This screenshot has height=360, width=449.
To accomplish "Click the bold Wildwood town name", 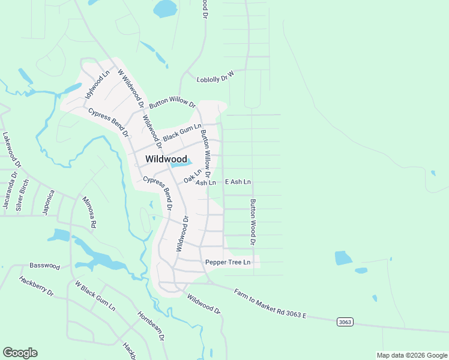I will click(x=166, y=159).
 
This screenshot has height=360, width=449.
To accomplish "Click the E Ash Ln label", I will click(x=238, y=181).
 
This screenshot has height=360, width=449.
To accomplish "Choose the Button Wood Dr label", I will click(x=253, y=222).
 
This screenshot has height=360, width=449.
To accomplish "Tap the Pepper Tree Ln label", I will click(x=228, y=262).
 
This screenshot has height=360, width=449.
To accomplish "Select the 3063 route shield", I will click(x=345, y=322).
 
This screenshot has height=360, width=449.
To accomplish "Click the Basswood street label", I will click(x=45, y=265).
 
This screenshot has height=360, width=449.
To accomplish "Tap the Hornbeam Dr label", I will click(x=151, y=326).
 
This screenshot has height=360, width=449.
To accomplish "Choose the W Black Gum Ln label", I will click(x=95, y=295).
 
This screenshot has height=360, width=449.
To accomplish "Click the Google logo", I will click(x=20, y=353).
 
